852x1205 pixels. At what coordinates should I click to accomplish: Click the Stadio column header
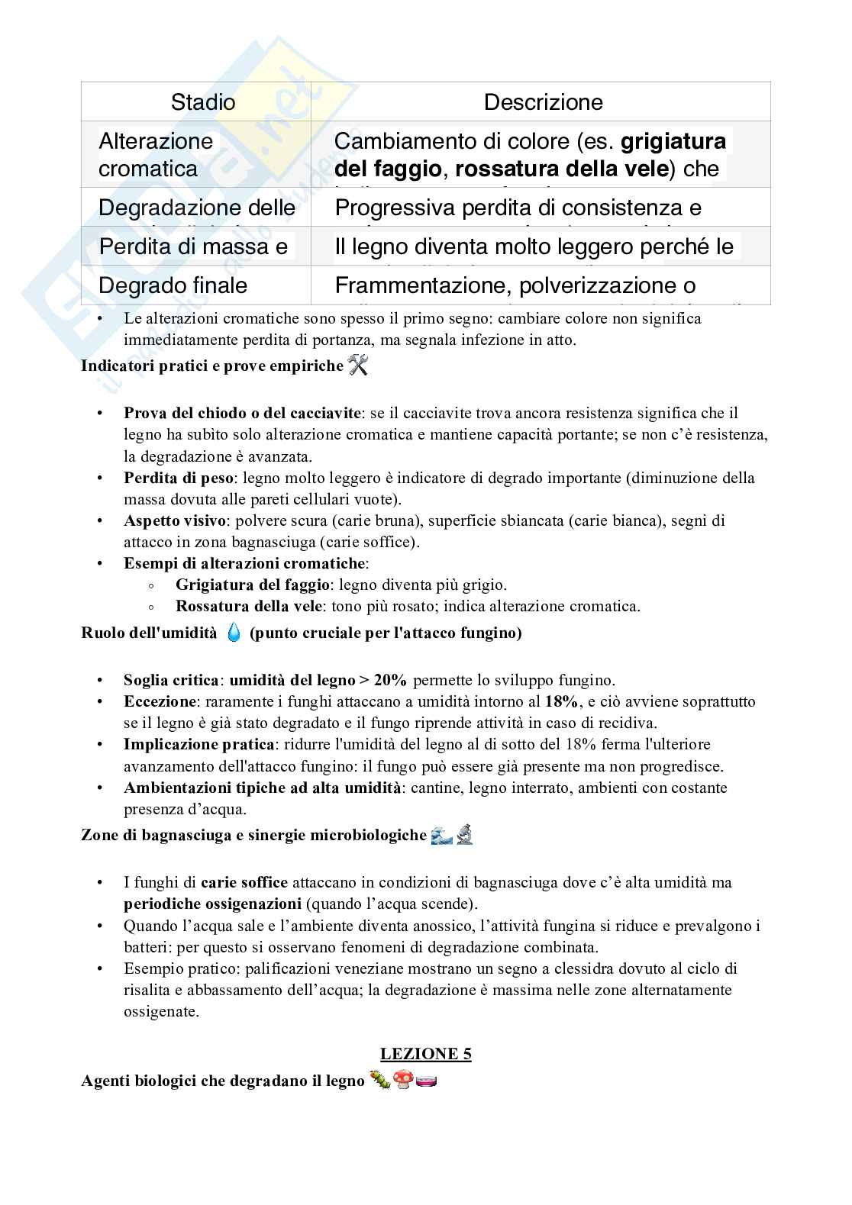[202, 101]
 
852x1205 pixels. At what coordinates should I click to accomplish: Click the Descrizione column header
[543, 101]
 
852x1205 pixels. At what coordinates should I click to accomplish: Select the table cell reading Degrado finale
[173, 285]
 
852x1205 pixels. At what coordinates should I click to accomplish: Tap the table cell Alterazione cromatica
[156, 154]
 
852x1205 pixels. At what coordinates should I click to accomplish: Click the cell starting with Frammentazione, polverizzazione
[515, 285]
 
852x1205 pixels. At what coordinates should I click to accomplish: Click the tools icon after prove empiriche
[358, 366]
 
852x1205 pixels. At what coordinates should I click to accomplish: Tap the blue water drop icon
[234, 633]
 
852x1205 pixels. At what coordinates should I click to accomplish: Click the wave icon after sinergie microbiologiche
[442, 835]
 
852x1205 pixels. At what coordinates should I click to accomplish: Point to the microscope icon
[465, 835]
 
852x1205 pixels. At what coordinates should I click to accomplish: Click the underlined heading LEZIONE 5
[426, 1054]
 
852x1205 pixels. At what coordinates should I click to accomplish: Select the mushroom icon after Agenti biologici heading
[403, 1080]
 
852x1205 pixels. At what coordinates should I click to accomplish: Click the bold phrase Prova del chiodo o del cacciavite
[242, 414]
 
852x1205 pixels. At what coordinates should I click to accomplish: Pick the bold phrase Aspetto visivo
[175, 521]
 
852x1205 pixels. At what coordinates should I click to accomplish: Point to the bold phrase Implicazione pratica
[198, 744]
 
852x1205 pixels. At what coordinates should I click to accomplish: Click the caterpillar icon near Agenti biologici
[379, 1080]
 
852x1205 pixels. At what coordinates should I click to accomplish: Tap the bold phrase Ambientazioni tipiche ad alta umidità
[263, 788]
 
